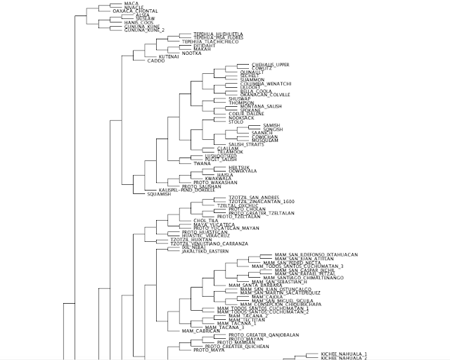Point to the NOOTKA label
click(192, 52)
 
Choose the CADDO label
click(155, 60)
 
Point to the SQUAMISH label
click(159, 194)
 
